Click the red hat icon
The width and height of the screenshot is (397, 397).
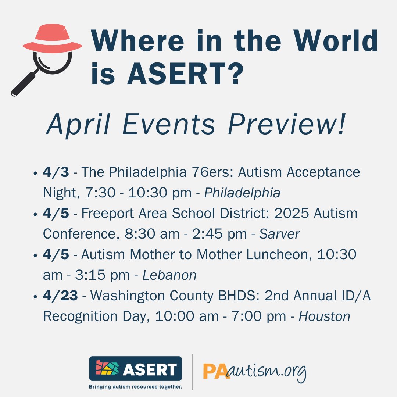52,39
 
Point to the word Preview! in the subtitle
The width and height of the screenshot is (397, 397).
287,125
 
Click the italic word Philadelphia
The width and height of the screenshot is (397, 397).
242,193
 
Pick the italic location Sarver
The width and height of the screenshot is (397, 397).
279,234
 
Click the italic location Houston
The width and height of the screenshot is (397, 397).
324,316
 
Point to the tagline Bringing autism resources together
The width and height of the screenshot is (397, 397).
136,386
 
